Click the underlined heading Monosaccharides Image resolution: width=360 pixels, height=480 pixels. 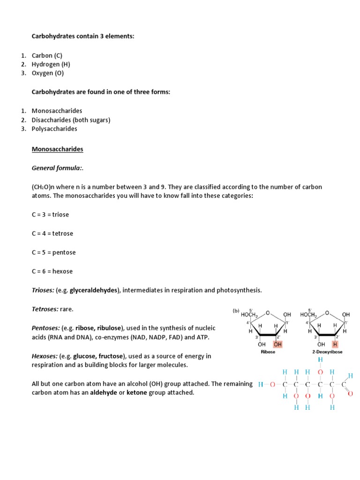tap(57, 149)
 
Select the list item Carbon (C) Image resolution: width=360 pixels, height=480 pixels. tap(47, 55)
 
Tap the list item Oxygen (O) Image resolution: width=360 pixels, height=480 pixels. tap(48, 73)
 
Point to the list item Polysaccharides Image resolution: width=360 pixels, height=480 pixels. tap(54, 128)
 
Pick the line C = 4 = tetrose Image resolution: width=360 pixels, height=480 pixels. tap(52, 233)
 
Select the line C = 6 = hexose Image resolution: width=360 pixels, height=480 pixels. tap(52, 271)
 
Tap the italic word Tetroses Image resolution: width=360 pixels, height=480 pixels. tap(45, 309)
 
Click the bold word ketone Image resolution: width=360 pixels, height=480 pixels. tap(137, 392)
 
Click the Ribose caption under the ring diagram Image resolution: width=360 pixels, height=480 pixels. tap(268, 352)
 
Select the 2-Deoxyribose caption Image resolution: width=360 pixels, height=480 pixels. tap(327, 352)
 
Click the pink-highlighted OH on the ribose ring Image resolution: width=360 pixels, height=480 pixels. tap(277, 345)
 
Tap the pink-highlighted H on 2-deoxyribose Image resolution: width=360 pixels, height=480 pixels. tap(335, 345)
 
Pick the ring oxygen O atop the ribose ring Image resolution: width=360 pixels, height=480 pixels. tap(268, 312)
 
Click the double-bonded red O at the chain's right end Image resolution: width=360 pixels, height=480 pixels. tap(350, 394)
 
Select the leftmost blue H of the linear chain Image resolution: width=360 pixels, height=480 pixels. tap(261, 384)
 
